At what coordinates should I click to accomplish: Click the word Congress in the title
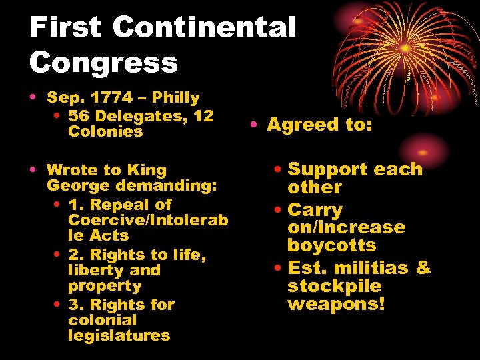pos(103,63)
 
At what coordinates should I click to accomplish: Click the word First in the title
pos(65,28)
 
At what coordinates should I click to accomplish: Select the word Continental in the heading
pos(204,28)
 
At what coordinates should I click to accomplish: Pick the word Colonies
pos(105,131)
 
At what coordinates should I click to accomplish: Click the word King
pos(147,170)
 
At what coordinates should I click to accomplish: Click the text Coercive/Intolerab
pos(148,220)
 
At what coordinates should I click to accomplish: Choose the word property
pos(105,286)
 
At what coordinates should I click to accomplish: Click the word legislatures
pos(119,335)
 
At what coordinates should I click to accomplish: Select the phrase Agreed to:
pos(319,125)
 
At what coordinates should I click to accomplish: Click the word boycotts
pos(331,245)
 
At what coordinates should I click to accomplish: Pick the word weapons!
pos(336,304)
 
